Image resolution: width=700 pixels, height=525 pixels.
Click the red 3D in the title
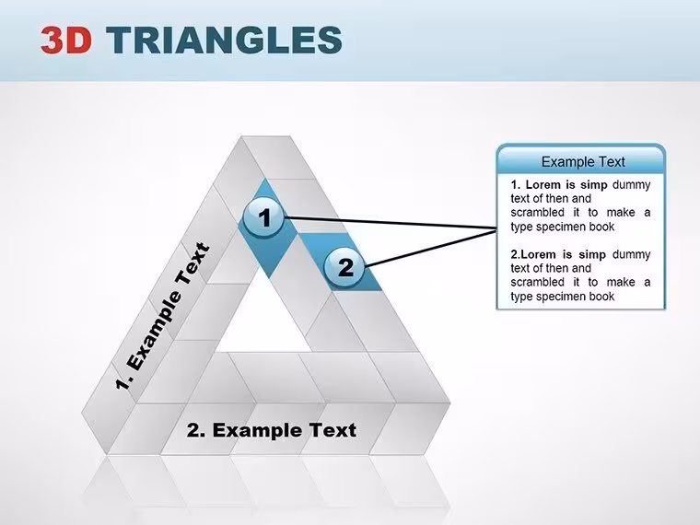coord(66,40)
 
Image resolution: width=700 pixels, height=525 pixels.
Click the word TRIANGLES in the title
coord(224,40)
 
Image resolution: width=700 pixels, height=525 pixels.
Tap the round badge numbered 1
coord(263,217)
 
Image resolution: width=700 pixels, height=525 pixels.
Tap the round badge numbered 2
coord(344,267)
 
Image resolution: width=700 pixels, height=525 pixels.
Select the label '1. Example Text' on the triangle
coord(162,316)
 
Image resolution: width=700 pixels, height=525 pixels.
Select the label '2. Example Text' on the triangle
coord(272,430)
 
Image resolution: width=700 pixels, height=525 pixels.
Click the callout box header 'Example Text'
coord(583,161)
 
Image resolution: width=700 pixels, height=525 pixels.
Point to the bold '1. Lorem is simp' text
coord(559,185)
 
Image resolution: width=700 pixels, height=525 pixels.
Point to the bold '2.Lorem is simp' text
coord(558,254)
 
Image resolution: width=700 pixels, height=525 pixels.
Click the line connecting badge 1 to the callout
coord(391,223)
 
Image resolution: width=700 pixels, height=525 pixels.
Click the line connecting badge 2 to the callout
coord(431,248)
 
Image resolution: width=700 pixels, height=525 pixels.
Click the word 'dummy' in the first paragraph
coord(631,185)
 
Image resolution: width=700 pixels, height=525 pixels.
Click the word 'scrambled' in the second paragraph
coord(538,282)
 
